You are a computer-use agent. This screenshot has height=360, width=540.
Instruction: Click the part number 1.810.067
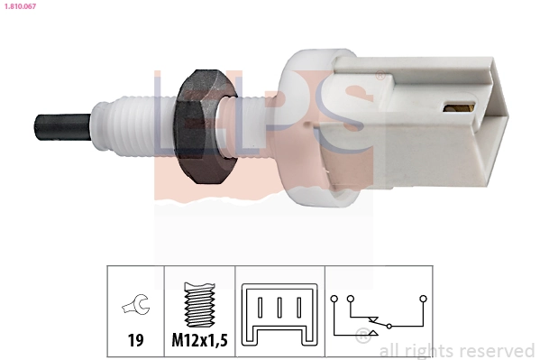[x=18, y=7]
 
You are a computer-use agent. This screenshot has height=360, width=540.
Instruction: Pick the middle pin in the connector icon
[x=279, y=307]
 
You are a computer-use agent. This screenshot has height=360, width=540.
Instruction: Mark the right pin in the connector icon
[x=298, y=307]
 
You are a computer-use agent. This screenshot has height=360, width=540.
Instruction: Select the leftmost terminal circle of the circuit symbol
[x=334, y=297]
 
